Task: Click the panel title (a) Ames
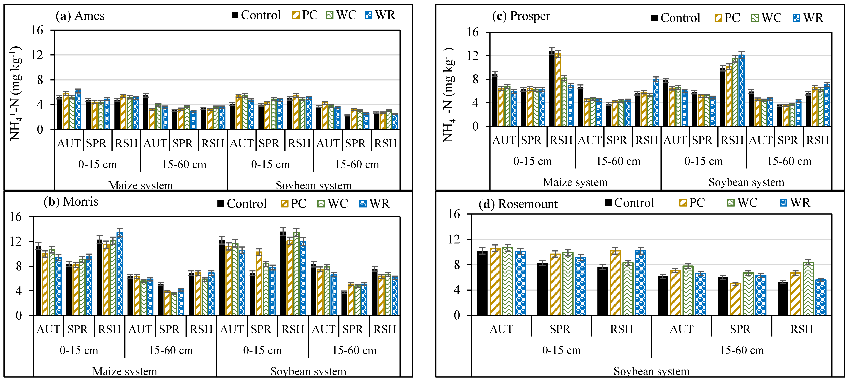[x=80, y=16]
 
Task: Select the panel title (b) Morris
[x=71, y=201]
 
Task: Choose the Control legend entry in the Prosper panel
[x=676, y=18]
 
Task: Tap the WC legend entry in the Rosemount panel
[x=742, y=203]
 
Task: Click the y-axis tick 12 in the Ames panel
[x=37, y=55]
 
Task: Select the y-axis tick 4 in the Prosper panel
[x=475, y=103]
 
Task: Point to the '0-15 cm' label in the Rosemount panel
[x=561, y=350]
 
